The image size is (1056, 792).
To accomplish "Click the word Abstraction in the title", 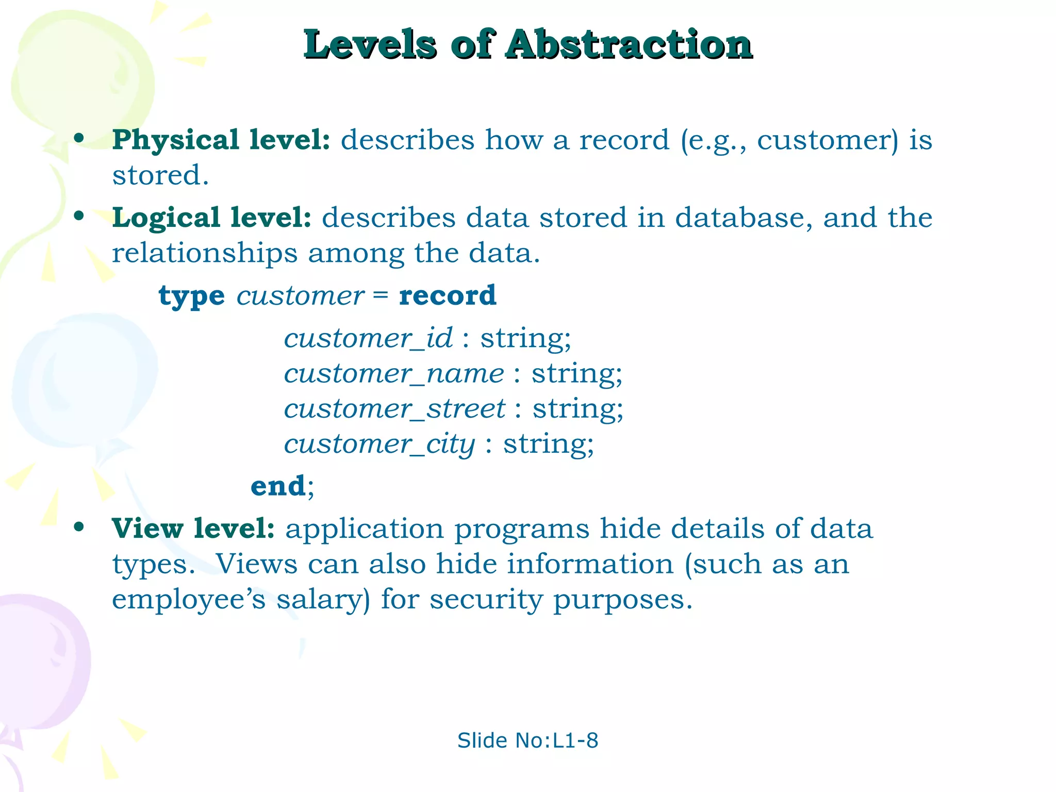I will point(629,45).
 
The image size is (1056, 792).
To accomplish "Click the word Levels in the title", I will point(370,45).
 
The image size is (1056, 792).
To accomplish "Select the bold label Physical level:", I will point(221,140).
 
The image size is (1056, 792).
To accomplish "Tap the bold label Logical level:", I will point(212,217).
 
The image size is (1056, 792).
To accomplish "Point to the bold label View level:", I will point(193,529).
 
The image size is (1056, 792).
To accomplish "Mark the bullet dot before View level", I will point(79,527).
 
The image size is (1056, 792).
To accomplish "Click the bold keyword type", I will point(191,296).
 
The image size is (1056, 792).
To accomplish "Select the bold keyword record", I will point(448,295).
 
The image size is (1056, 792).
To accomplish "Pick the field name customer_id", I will point(368,338).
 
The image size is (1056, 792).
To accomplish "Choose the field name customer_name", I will point(394,373).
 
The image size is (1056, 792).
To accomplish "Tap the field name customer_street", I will point(394,408).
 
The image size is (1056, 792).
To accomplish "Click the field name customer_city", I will point(379,444).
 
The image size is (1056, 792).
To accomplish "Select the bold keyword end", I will point(278,486).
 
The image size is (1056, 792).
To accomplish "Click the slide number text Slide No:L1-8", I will point(527,740).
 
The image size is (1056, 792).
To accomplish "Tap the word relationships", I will point(205,253).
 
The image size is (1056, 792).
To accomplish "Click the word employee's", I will point(189,600).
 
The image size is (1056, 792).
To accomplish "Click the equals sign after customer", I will point(381,295).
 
